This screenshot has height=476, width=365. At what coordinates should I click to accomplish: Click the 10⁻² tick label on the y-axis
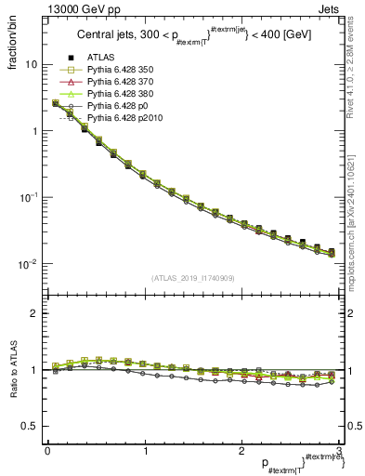click(x=29, y=264)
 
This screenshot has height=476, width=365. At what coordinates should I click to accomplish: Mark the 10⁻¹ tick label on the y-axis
click(x=29, y=198)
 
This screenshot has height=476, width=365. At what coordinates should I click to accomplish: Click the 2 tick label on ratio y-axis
click(x=33, y=313)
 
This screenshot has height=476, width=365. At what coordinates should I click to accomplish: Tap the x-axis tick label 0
click(x=47, y=450)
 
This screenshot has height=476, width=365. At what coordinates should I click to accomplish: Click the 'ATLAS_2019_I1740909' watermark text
click(x=193, y=278)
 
